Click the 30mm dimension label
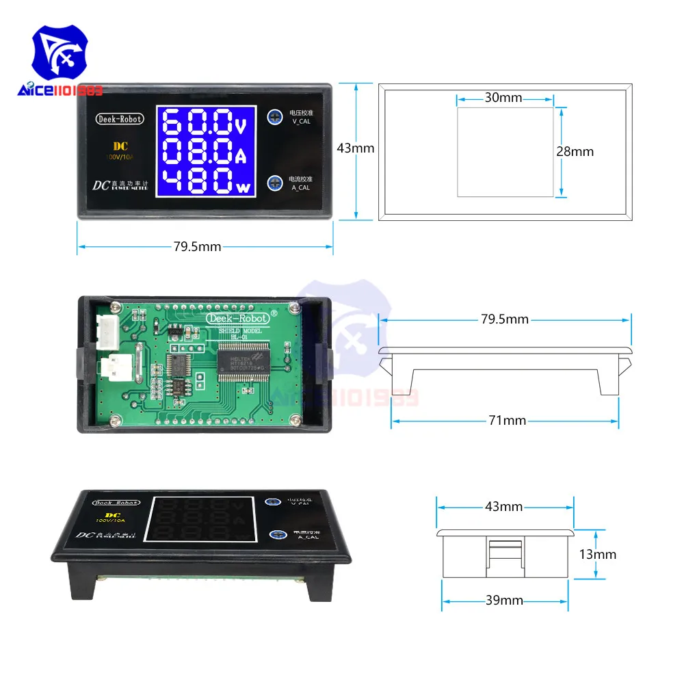point(503,98)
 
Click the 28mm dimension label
point(575,152)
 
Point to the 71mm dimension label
point(506,421)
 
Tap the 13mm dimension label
point(596,554)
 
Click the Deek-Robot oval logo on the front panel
point(119,119)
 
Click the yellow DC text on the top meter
point(120,146)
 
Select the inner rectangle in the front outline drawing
point(505,152)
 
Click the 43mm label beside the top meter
point(356,148)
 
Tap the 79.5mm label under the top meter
point(197,246)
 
